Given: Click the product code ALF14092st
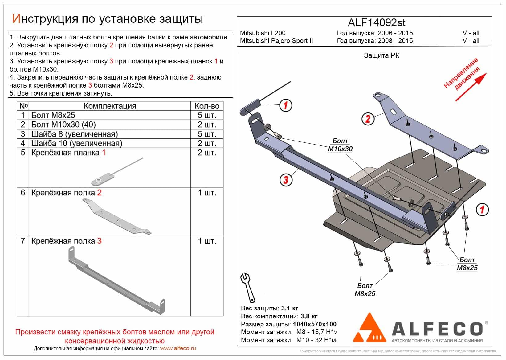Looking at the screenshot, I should point(376,23).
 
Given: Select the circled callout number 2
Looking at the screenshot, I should point(368,119).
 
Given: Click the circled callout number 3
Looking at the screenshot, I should point(286,180).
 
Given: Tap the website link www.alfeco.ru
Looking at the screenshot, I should point(178,349).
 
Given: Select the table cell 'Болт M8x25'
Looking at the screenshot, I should point(53,115).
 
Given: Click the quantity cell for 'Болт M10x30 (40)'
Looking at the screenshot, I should point(207,125).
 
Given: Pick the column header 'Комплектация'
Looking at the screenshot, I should point(110,106).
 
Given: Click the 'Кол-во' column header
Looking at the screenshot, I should point(207,106).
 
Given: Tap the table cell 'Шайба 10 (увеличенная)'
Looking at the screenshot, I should point(77,143).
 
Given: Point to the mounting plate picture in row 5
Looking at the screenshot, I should point(116,173).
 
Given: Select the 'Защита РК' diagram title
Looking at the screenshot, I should point(382,56).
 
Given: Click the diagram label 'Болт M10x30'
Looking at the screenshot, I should point(340,145).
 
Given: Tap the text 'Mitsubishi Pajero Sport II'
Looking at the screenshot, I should point(276,41).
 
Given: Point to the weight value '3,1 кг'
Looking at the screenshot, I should point(290,308).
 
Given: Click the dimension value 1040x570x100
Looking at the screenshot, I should point(314,324).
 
